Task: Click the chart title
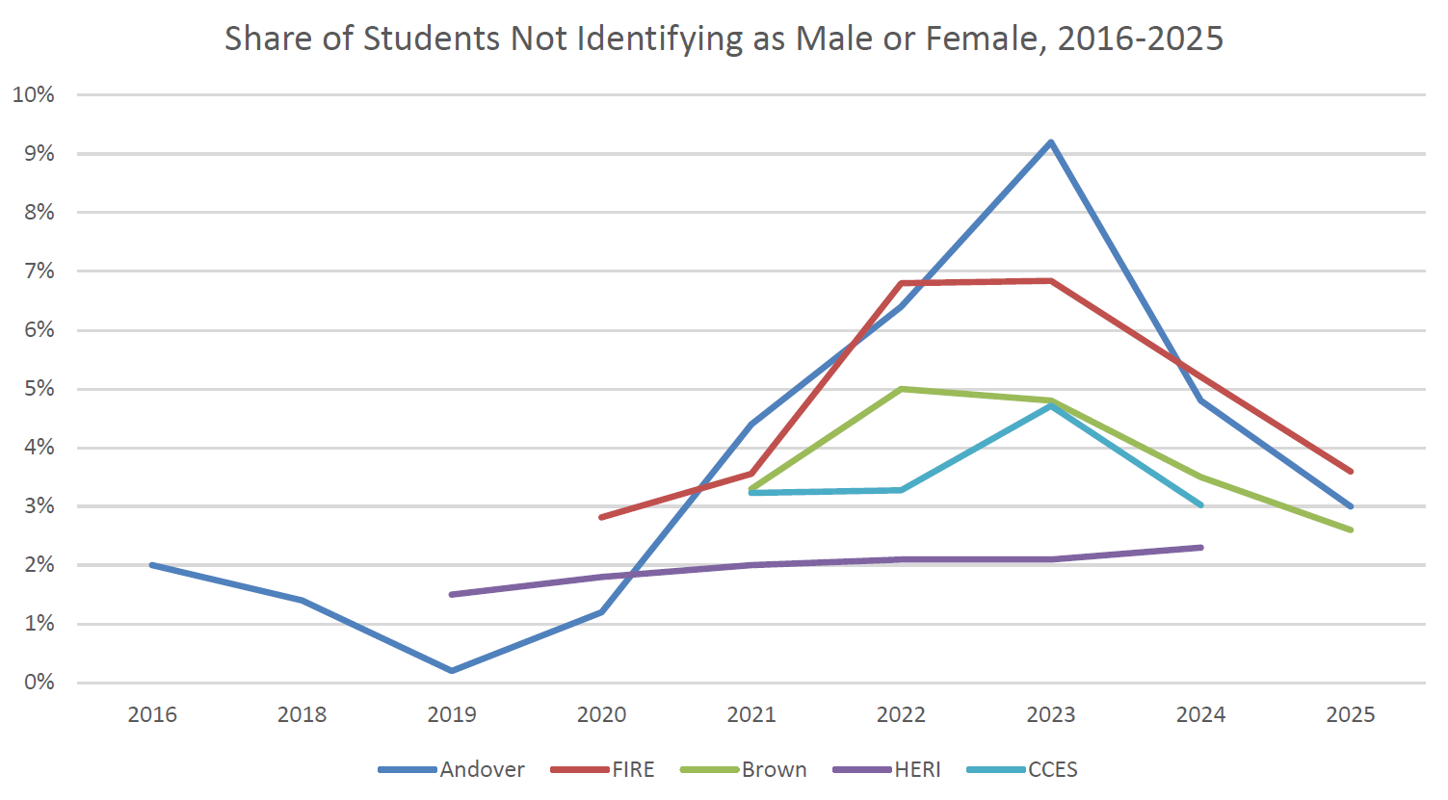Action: click(x=724, y=39)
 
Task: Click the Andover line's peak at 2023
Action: click(x=1050, y=142)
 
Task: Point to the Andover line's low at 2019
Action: click(x=452, y=670)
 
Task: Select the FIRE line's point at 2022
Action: click(x=901, y=283)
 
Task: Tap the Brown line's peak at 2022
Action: click(x=901, y=389)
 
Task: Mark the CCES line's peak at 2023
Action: click(x=1050, y=406)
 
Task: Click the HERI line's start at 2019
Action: click(x=452, y=594)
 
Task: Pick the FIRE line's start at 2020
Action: click(x=601, y=517)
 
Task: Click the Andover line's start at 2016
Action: click(x=152, y=565)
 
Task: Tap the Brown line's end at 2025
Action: click(x=1351, y=529)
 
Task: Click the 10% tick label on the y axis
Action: click(x=34, y=94)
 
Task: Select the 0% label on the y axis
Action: click(x=39, y=683)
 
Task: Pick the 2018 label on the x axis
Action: click(x=302, y=714)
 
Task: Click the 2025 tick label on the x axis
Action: click(x=1351, y=714)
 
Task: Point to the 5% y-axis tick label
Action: click(x=39, y=389)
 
